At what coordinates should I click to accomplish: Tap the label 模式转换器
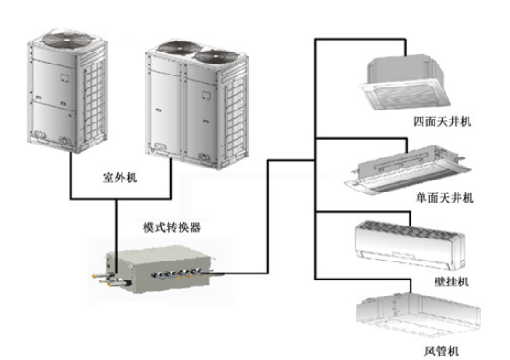coord(168,226)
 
